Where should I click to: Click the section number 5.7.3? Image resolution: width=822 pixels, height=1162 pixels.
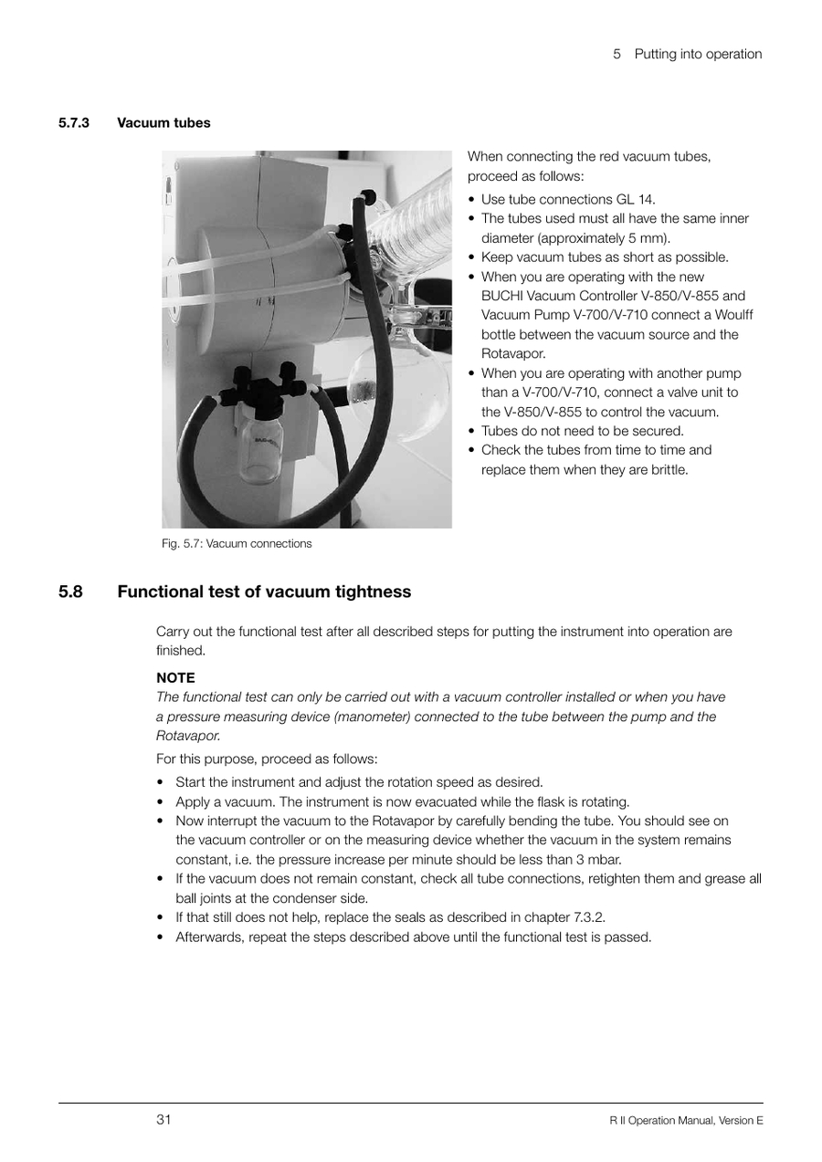[73, 122]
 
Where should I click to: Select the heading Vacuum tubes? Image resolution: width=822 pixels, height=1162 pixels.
[163, 122]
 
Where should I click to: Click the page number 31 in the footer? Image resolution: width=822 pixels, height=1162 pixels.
[163, 1119]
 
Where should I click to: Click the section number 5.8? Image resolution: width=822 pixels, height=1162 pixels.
[71, 591]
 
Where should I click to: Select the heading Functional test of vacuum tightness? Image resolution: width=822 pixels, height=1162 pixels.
[264, 591]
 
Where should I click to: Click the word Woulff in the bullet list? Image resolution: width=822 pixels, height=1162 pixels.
[733, 315]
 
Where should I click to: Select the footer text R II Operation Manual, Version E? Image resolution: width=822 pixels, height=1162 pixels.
[686, 1120]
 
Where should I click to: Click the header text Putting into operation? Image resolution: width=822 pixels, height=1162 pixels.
[699, 54]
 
